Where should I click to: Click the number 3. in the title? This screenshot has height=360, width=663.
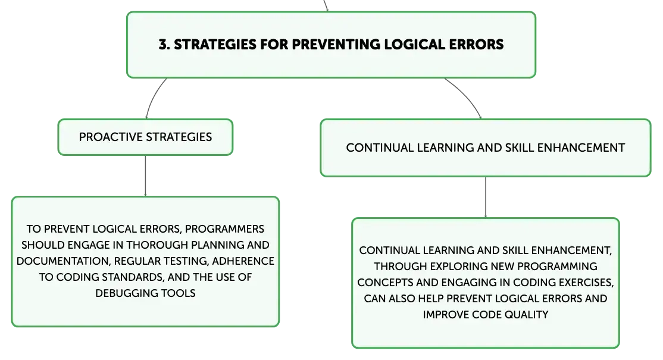(164, 45)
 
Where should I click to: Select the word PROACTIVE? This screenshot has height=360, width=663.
(111, 137)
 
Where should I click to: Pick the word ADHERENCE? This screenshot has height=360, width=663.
(243, 261)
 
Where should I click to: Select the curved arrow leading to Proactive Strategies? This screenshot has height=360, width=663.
(154, 97)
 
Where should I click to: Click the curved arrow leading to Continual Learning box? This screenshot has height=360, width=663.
(466, 96)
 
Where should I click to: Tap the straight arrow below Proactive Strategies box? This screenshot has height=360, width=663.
(145, 176)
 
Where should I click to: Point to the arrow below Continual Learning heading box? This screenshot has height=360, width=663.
(486, 198)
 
